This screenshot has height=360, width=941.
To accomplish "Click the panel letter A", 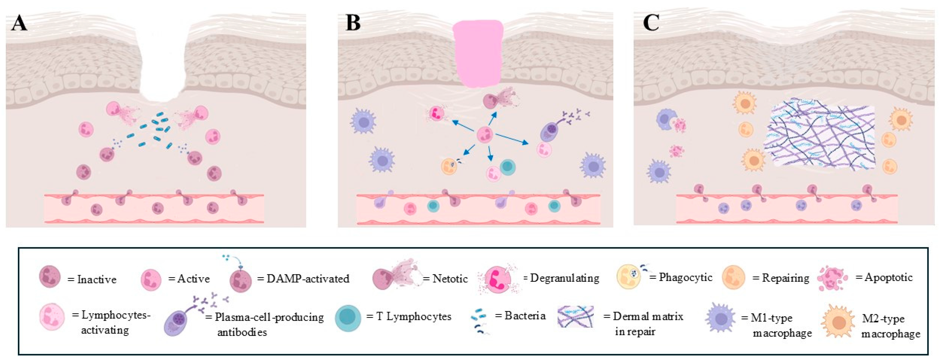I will click(x=19, y=24).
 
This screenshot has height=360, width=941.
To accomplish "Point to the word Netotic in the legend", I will click(x=450, y=279).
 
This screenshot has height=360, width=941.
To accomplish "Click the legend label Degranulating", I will click(x=564, y=278).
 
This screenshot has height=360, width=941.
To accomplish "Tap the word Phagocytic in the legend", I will click(x=685, y=278).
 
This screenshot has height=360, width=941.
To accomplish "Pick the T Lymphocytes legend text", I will click(x=414, y=316).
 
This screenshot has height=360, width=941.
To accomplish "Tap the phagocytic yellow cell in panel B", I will click(x=449, y=166).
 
